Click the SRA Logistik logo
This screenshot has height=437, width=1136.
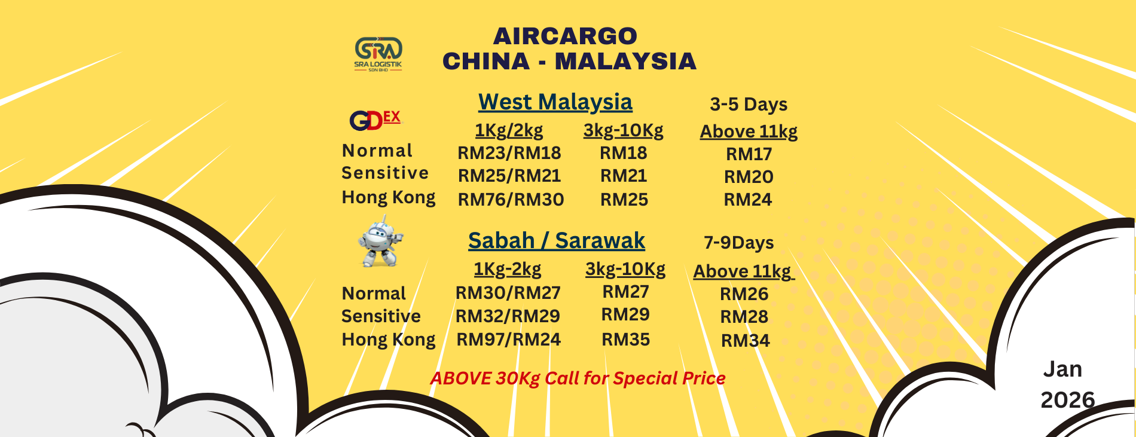378,54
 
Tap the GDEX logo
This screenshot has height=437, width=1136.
375,120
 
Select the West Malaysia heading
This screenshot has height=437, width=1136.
555,102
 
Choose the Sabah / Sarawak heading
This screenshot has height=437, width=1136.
557,240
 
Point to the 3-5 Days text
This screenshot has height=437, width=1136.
749,105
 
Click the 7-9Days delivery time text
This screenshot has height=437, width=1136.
739,243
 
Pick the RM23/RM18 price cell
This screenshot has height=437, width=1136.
509,153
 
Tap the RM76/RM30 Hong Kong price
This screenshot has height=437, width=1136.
511,200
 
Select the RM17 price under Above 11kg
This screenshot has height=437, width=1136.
749,154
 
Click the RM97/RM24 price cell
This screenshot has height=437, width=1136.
509,340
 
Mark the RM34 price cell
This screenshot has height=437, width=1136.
746,341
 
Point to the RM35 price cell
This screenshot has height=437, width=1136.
625,340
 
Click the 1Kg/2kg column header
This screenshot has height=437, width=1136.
509,130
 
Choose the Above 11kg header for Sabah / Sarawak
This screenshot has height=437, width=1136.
743,271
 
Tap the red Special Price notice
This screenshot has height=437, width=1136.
578,378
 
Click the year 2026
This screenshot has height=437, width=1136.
1068,400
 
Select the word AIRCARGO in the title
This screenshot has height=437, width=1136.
565,36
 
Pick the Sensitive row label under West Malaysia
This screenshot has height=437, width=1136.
385,173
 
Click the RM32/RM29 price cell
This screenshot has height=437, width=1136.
508,316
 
